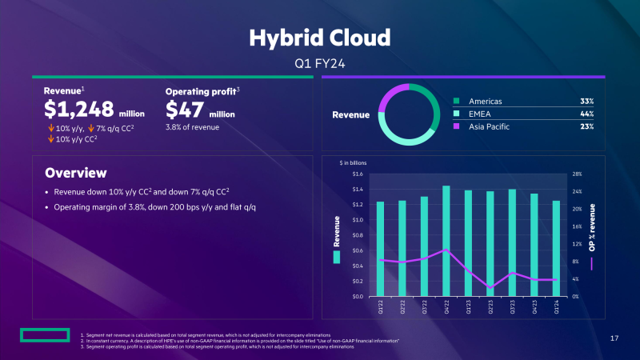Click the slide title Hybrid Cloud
[x=319, y=38]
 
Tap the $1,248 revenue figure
[x=78, y=110]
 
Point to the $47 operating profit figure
[x=185, y=110]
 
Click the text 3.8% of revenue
[x=192, y=127]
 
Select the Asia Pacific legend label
[x=489, y=127]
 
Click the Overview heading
[x=76, y=173]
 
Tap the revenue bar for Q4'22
[x=446, y=240]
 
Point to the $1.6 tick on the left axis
[x=357, y=174]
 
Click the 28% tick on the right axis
[x=577, y=174]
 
